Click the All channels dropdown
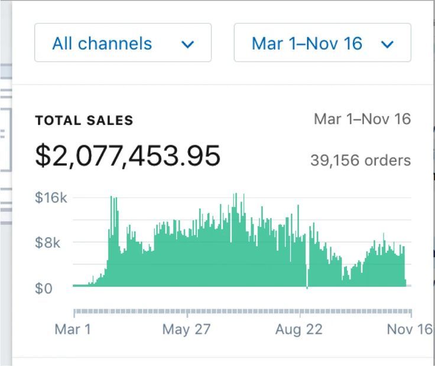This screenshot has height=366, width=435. (122, 43)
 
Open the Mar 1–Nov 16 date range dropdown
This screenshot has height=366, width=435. (322, 43)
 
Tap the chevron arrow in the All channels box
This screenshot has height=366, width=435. (188, 44)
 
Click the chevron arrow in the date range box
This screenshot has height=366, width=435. (388, 44)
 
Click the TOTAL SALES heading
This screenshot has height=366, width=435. (84, 121)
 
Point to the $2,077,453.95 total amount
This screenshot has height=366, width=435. (128, 156)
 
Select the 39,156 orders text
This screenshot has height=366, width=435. (360, 160)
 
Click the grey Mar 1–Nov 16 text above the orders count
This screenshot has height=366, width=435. (362, 119)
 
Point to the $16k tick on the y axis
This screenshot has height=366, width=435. (51, 197)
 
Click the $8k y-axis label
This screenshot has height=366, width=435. (48, 242)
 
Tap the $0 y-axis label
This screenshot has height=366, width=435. (44, 288)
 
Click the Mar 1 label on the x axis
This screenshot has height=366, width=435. (73, 329)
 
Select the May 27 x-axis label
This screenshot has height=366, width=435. (186, 329)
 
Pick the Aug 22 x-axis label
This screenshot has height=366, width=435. (299, 329)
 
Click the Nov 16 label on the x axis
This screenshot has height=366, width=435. (409, 329)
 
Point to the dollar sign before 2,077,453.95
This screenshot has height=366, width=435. (43, 156)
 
